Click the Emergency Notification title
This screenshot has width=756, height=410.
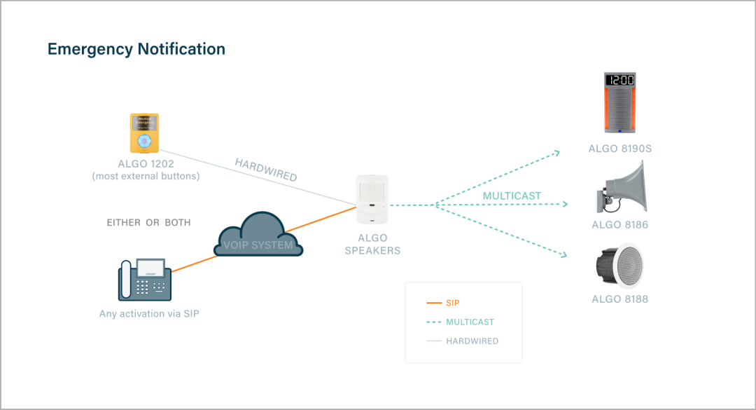(136, 49)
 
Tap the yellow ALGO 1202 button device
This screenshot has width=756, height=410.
(144, 132)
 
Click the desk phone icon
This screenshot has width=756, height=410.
(145, 280)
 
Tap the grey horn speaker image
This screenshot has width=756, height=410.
(622, 188)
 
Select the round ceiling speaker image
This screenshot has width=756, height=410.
(619, 266)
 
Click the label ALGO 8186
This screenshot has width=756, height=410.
(619, 225)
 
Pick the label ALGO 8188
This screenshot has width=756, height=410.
(619, 299)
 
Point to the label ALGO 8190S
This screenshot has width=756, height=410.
(620, 149)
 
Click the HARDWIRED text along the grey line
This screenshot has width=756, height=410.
(266, 170)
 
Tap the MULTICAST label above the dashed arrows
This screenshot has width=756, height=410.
(512, 196)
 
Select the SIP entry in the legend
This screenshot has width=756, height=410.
(452, 303)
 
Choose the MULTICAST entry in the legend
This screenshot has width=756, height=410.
(470, 322)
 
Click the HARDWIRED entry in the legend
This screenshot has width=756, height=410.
(472, 341)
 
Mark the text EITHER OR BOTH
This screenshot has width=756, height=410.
(148, 223)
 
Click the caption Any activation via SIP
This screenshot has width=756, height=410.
(149, 314)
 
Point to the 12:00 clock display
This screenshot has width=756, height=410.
(619, 80)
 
